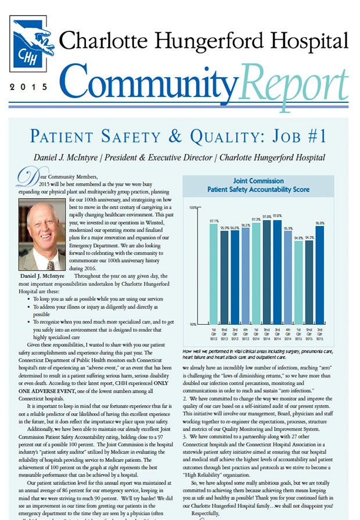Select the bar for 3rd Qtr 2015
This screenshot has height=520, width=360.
click(320, 273)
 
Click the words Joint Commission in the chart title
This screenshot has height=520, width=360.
click(259, 181)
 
